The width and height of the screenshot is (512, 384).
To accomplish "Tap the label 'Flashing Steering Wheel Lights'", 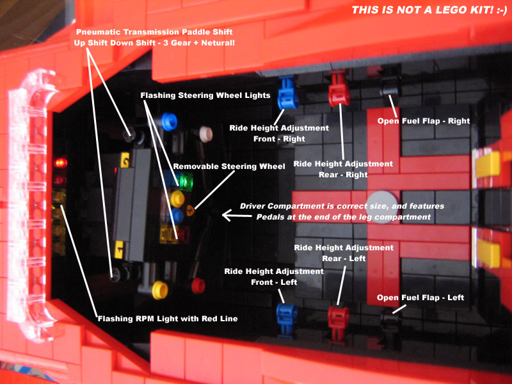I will [x=205, y=95].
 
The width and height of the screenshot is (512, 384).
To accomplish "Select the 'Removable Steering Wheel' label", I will [x=228, y=166].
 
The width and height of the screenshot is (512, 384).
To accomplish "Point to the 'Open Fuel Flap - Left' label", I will [x=420, y=298].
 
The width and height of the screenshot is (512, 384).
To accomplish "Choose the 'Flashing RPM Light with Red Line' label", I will [x=167, y=318].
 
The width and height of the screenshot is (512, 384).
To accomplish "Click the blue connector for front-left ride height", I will [x=286, y=314].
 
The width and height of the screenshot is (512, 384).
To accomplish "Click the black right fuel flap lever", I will [x=388, y=90].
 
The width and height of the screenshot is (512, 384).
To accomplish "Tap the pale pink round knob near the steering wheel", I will [x=205, y=133].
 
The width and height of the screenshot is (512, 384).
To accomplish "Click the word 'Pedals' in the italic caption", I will [x=272, y=217].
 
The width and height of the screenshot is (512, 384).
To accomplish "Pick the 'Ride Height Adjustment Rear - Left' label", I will [x=343, y=253].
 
